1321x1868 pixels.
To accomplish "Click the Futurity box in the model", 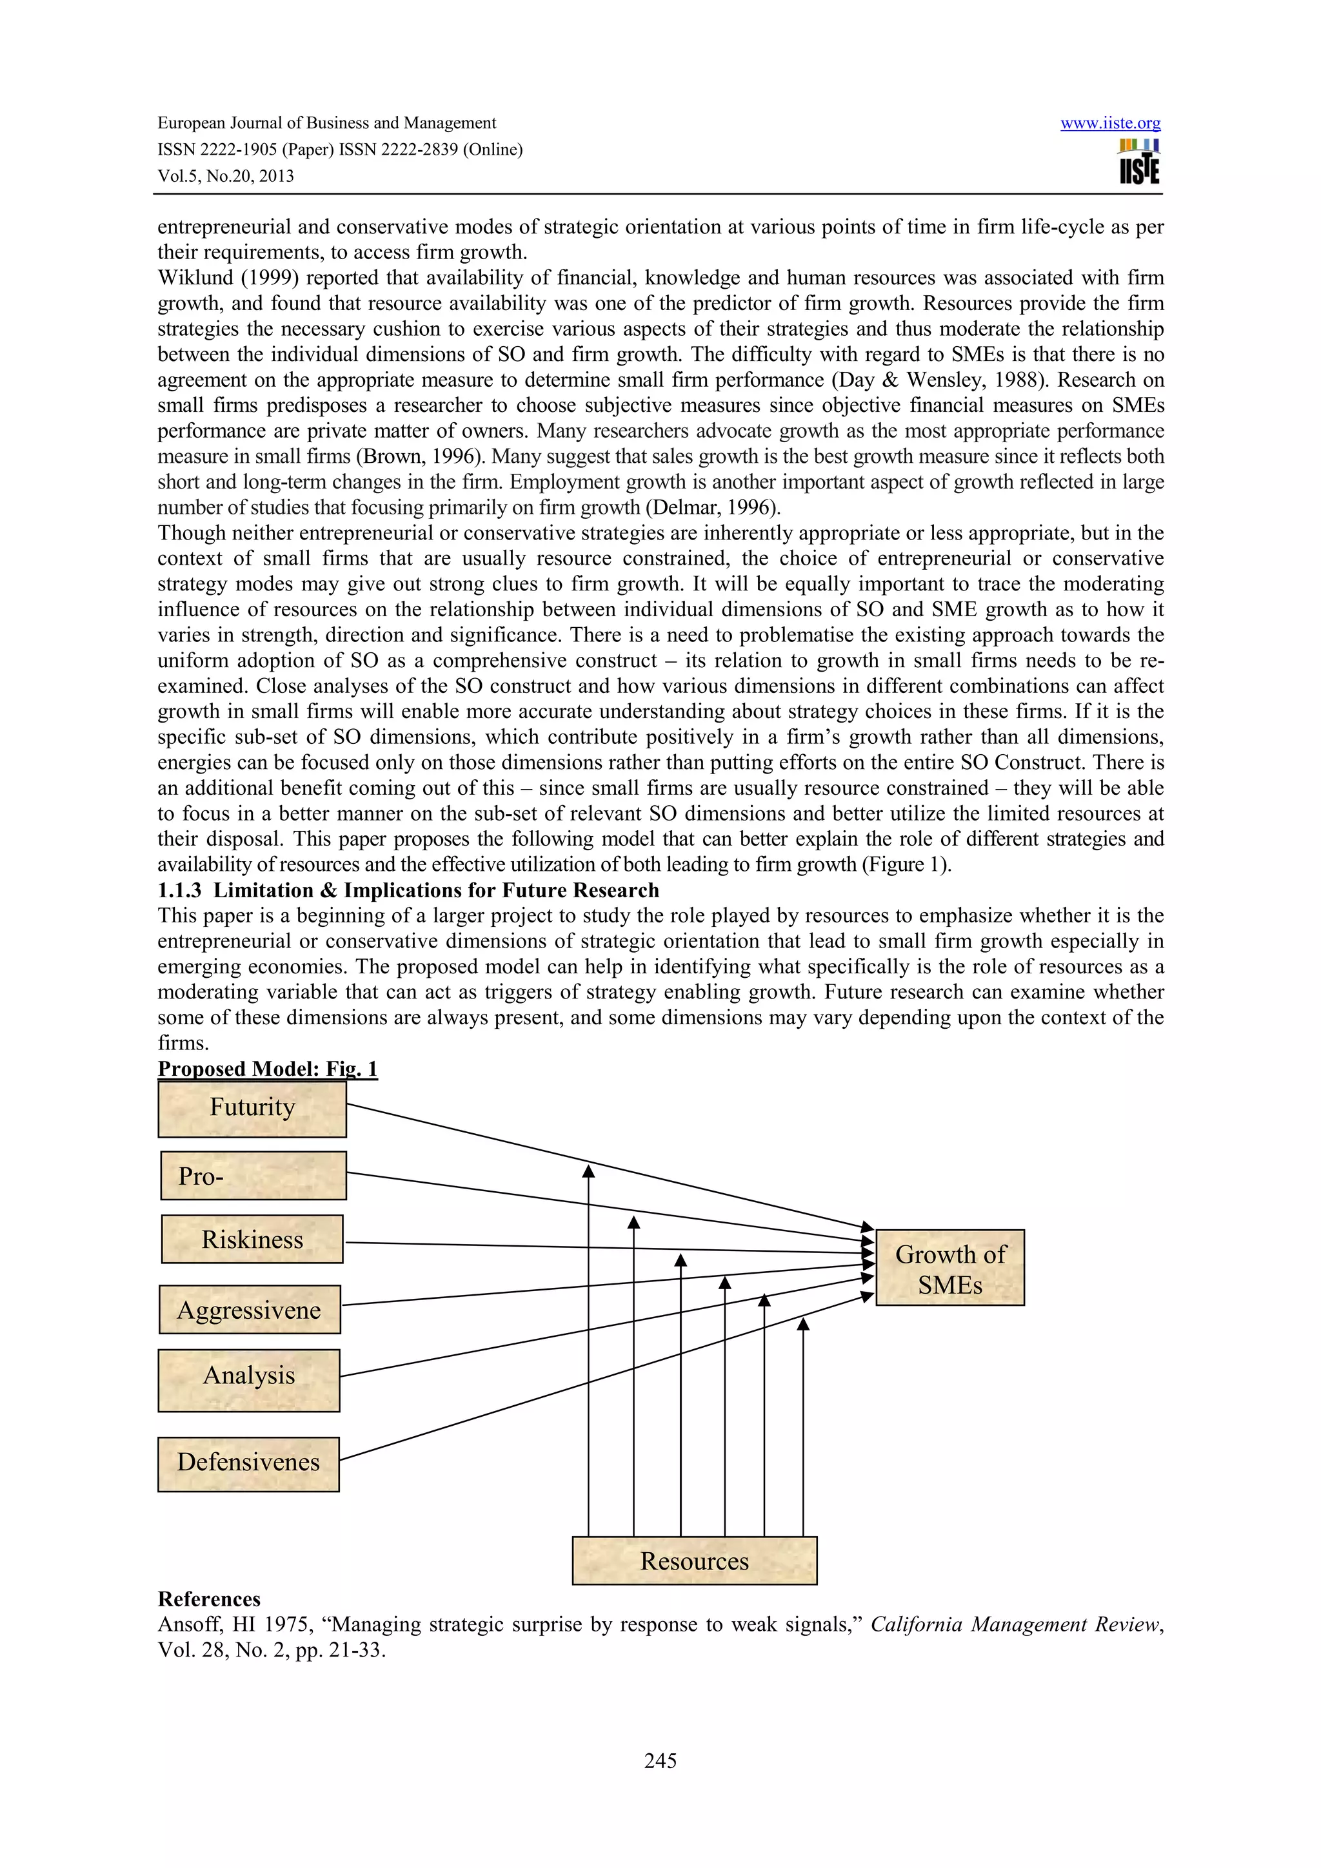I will (x=252, y=1108).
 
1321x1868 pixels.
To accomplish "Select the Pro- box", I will (x=253, y=1176).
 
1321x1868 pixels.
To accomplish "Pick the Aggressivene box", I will (x=249, y=1310).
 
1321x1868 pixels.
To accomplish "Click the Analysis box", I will (x=248, y=1376).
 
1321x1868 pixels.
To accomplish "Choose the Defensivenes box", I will (x=248, y=1462).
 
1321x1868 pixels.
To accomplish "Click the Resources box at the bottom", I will (x=694, y=1561).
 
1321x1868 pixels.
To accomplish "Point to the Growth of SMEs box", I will (x=950, y=1269).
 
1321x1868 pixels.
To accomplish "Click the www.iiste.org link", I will (x=1110, y=123).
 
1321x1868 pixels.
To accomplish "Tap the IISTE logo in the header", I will (x=1138, y=162).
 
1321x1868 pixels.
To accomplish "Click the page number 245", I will (x=660, y=1760).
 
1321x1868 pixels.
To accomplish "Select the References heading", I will (x=209, y=1599).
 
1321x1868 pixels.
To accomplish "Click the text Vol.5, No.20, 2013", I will (x=226, y=176).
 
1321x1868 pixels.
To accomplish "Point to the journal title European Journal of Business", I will (x=326, y=123).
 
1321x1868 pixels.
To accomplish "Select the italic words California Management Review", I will (x=1014, y=1625).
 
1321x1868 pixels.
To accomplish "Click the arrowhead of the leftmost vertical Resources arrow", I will (x=588, y=1172).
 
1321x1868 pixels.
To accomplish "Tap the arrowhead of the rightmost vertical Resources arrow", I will (x=803, y=1324).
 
